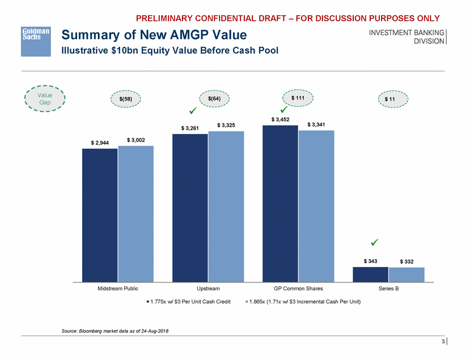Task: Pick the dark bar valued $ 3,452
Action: point(280,203)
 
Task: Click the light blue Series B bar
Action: point(406,274)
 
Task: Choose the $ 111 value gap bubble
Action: point(298,98)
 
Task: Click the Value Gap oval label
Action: point(45,99)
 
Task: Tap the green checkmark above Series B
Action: point(374,243)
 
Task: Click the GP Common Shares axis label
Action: point(298,289)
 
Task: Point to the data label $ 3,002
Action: point(136,139)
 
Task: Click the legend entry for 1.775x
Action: point(188,301)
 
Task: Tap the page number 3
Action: point(443,342)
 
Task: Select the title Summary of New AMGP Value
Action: point(154,36)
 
